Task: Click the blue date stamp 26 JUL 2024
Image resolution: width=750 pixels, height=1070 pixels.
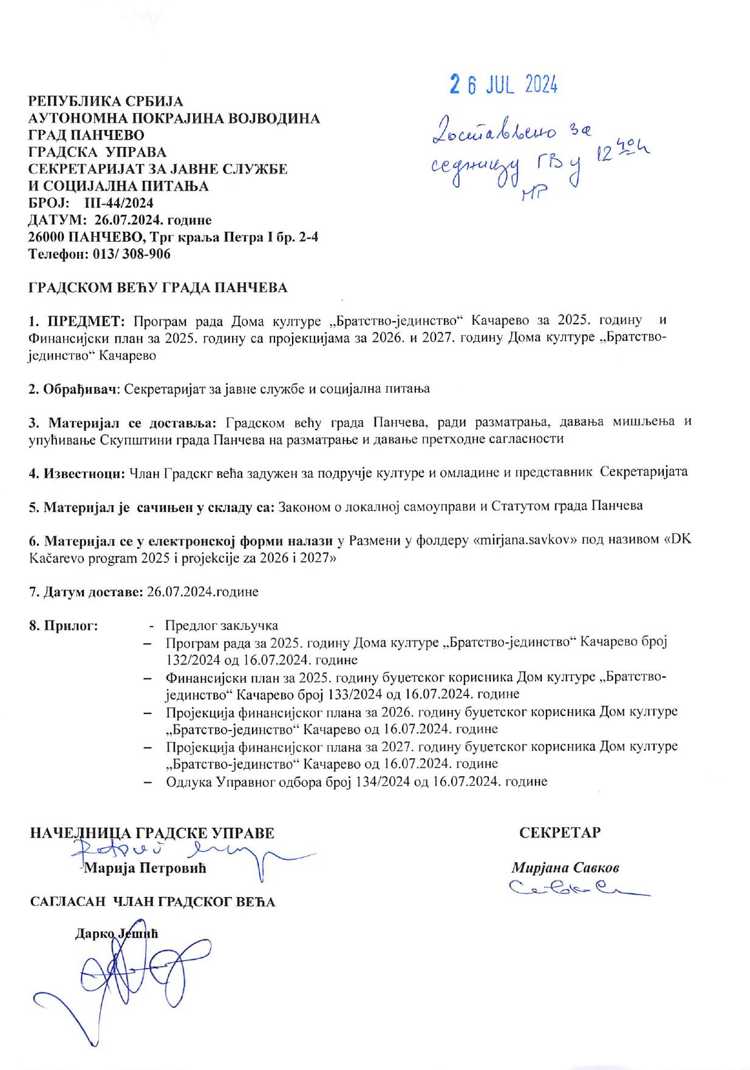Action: [503, 86]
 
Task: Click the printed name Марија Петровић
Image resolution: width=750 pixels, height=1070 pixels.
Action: [146, 868]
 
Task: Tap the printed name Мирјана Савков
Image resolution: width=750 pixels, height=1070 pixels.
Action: [565, 867]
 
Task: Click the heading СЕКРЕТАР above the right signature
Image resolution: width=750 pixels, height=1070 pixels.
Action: [560, 833]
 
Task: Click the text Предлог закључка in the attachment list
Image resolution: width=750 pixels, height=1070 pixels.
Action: [222, 625]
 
